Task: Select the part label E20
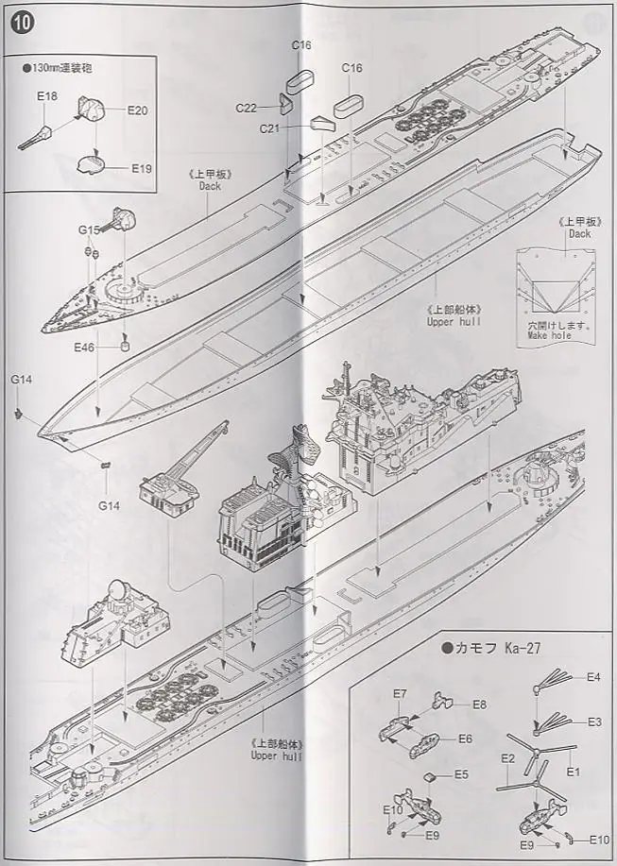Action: pyautogui.click(x=138, y=110)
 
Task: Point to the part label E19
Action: pyautogui.click(x=142, y=168)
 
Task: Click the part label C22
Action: pyautogui.click(x=247, y=107)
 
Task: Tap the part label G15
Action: pyautogui.click(x=89, y=229)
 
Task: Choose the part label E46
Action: pyautogui.click(x=85, y=348)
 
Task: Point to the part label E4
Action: pyautogui.click(x=593, y=676)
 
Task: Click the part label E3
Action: pyautogui.click(x=593, y=722)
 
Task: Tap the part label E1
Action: pyautogui.click(x=572, y=772)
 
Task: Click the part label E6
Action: pyautogui.click(x=465, y=739)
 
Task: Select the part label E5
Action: pyautogui.click(x=461, y=774)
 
